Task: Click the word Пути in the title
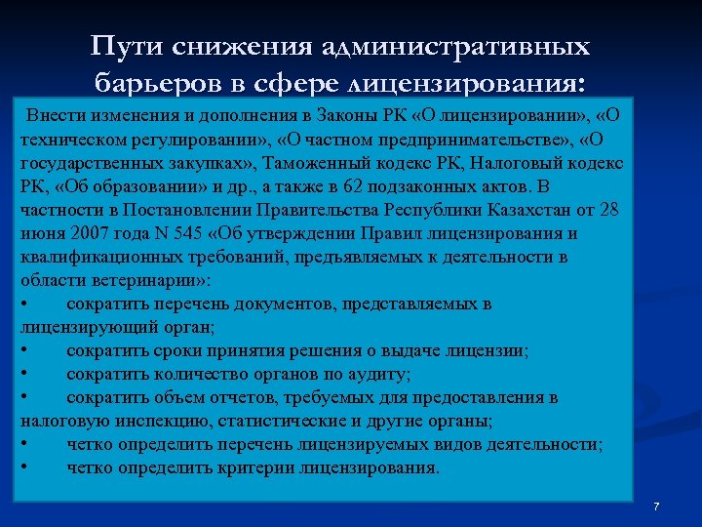click(x=128, y=48)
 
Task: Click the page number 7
click(x=656, y=507)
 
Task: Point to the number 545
click(x=199, y=233)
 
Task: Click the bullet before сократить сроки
click(x=23, y=350)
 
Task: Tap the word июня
click(x=39, y=233)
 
